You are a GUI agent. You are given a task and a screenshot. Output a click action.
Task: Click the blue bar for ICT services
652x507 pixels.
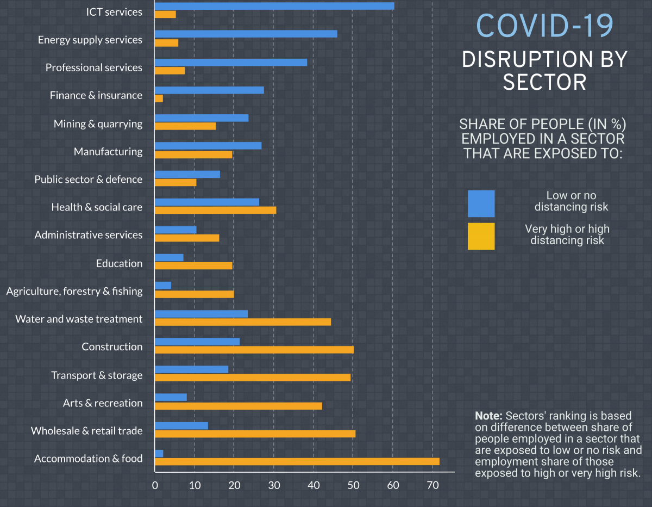[274, 5]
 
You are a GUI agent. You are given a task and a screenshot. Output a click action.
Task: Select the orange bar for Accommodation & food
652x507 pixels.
[297, 462]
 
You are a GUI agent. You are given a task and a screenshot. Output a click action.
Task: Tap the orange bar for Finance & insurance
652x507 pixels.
[159, 98]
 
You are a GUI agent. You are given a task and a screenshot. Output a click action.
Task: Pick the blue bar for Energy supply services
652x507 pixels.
[246, 34]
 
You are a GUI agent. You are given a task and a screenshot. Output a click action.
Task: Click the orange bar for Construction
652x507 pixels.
[254, 349]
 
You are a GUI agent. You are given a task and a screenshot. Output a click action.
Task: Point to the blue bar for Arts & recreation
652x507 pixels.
[171, 397]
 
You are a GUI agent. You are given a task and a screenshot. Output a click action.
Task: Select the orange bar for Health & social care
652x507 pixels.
[215, 210]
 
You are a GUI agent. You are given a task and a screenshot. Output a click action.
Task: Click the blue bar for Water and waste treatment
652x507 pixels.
[201, 313]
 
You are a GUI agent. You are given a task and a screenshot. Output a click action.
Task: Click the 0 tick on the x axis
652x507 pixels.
[155, 485]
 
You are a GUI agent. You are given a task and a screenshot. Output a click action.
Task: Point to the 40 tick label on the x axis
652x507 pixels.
[314, 485]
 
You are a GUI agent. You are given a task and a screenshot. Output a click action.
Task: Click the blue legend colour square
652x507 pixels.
[481, 203]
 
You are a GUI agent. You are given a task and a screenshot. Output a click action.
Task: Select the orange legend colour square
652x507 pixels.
[481, 236]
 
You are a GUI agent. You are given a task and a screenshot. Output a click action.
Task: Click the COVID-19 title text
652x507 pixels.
[544, 25]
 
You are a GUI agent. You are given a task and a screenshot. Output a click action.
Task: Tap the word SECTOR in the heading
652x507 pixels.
[544, 82]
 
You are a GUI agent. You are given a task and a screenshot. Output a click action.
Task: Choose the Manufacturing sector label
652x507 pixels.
[108, 151]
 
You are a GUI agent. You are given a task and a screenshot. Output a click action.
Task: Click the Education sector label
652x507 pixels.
[119, 263]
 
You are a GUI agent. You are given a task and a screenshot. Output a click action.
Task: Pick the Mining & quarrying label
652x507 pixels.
[98, 123]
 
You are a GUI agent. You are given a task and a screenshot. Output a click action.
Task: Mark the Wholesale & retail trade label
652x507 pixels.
[86, 431]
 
